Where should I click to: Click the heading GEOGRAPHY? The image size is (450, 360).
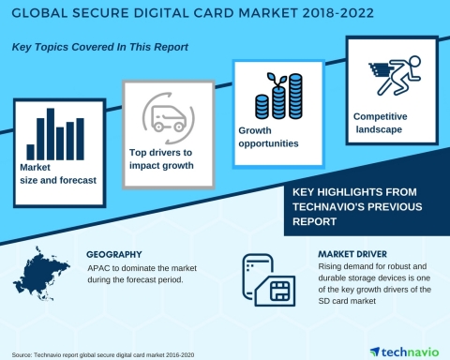coord(119,254)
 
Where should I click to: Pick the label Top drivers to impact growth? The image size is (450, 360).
coord(166,157)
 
